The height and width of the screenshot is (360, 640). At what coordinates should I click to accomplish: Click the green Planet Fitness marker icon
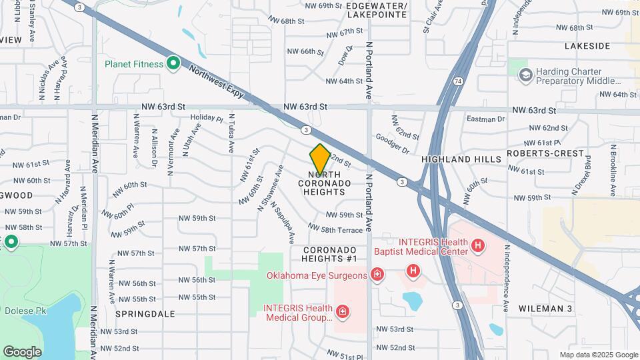pyautogui.click(x=173, y=64)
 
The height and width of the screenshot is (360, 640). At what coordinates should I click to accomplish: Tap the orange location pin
pyautogui.click(x=320, y=159)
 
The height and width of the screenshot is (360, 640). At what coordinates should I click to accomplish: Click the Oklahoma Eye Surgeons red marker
pyautogui.click(x=377, y=275)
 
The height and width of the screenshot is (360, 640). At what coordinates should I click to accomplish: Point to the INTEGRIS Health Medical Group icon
pyautogui.click(x=343, y=311)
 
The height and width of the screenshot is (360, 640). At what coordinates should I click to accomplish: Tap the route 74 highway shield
pyautogui.click(x=457, y=81)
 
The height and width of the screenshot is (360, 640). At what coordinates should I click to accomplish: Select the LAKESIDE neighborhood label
pyautogui.click(x=587, y=46)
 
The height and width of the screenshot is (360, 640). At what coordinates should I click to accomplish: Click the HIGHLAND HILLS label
pyautogui.click(x=461, y=160)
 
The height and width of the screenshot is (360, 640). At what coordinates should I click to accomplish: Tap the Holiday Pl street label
pyautogui.click(x=206, y=119)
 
